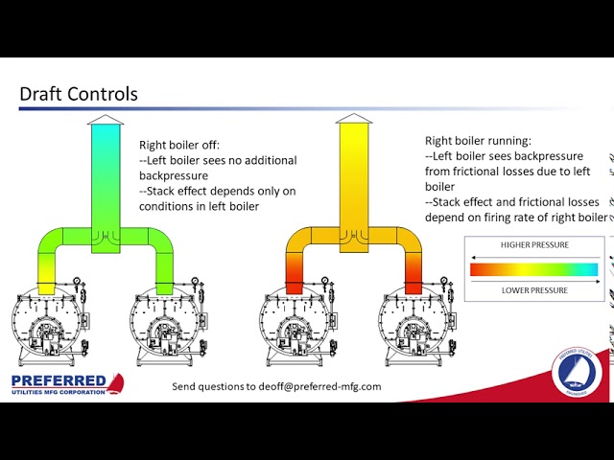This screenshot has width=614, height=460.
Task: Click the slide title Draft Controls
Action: pyautogui.click(x=79, y=94)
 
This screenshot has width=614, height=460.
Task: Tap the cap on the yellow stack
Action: pyautogui.click(x=355, y=121)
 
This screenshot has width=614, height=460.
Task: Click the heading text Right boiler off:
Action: pyautogui.click(x=179, y=145)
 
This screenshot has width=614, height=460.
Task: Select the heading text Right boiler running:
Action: pyautogui.click(x=477, y=139)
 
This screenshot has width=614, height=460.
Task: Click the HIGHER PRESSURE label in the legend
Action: pyautogui.click(x=533, y=245)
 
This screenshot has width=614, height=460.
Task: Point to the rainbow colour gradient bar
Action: pyautogui.click(x=533, y=270)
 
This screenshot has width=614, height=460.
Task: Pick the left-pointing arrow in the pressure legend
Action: pyautogui.click(x=533, y=257)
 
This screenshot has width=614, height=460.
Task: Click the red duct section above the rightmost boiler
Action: pyautogui.click(x=413, y=282)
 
